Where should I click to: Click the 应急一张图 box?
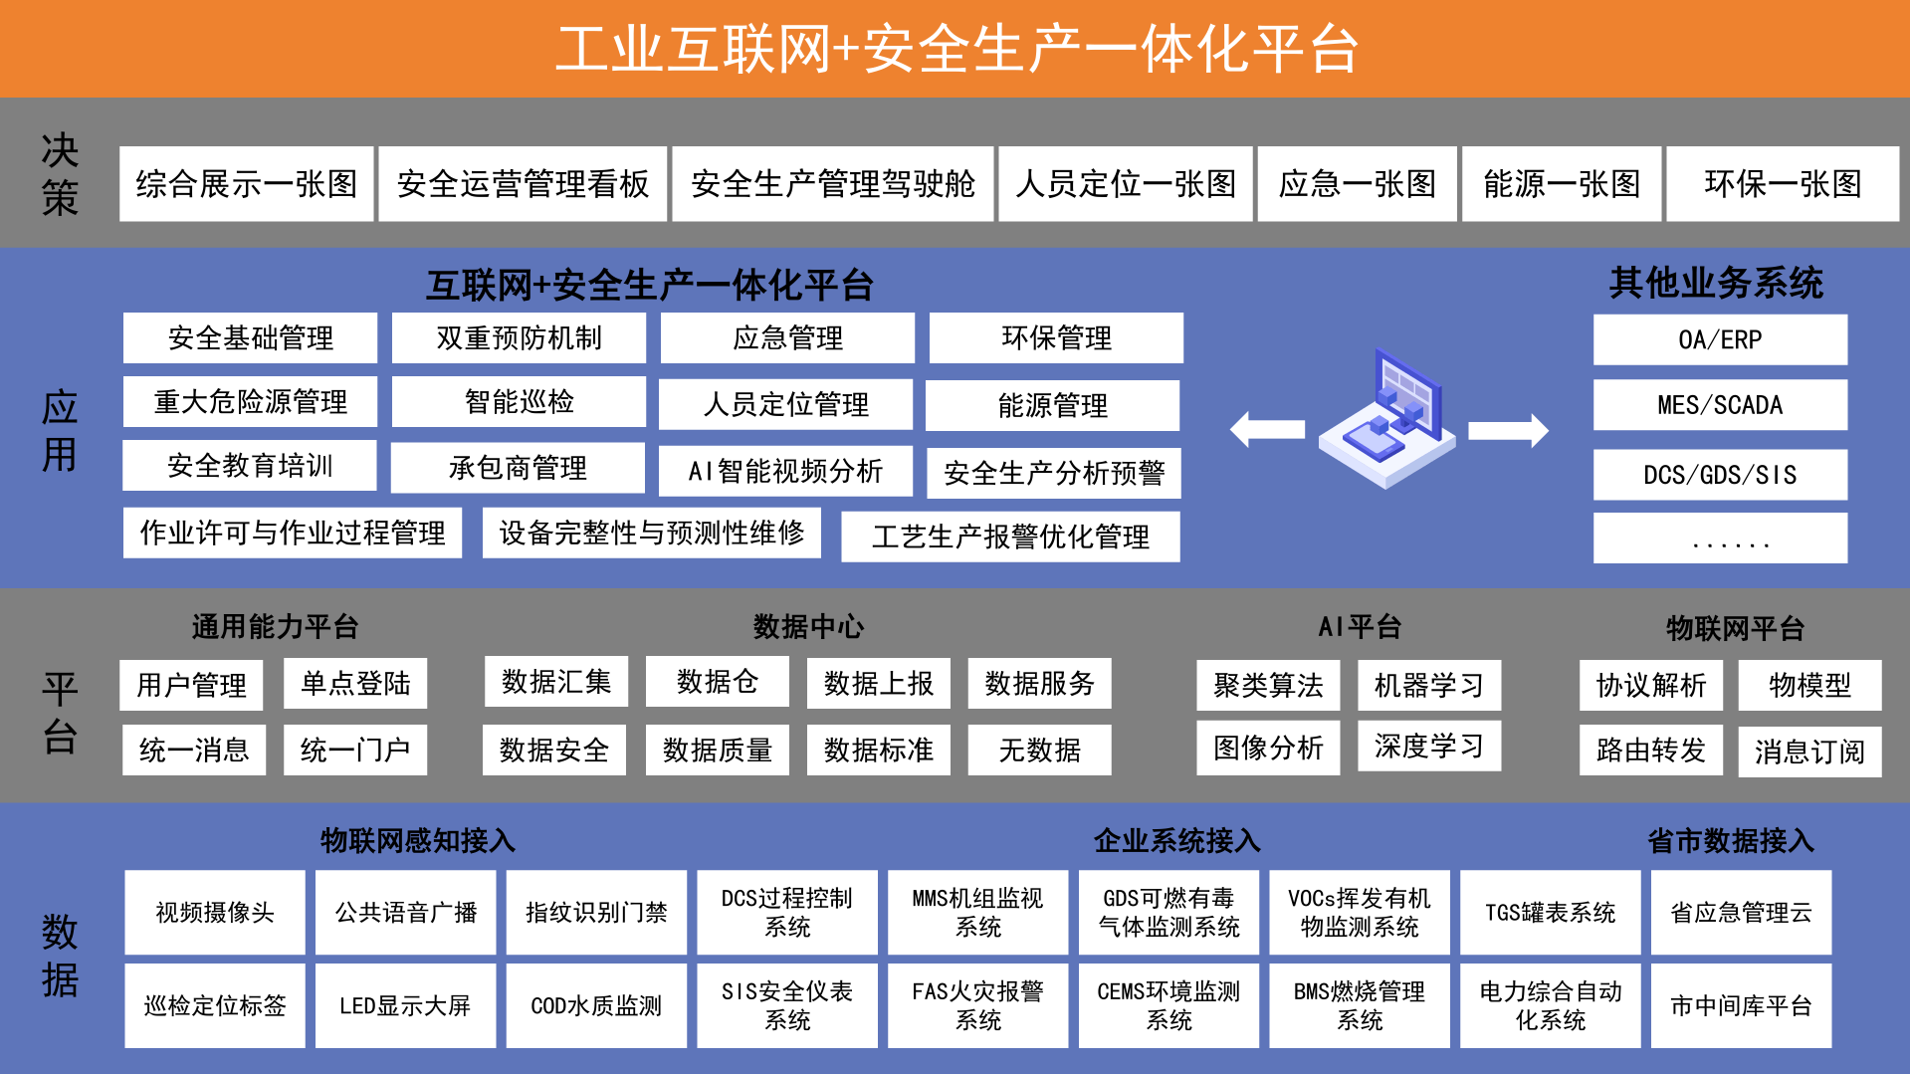[x=1357, y=184]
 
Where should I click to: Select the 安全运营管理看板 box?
[x=523, y=184]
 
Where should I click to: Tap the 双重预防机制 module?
[x=519, y=338]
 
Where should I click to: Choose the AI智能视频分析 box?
[x=785, y=471]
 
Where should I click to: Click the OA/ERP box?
[x=1720, y=340]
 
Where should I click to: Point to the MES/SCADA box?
[x=1720, y=405]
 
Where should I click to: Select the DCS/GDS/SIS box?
[x=1720, y=475]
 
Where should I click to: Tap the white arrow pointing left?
[x=1267, y=430]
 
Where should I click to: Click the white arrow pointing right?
[x=1509, y=430]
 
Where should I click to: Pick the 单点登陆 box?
[x=355, y=684]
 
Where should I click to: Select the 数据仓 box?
[x=717, y=682]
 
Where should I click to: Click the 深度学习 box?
[x=1429, y=746]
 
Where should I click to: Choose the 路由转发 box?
[x=1651, y=751]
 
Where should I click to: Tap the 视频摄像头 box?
[x=215, y=913]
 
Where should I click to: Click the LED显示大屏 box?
[x=405, y=1005]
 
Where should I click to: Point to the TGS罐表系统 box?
[x=1550, y=913]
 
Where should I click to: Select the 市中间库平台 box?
[x=1741, y=1005]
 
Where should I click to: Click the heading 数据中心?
[x=808, y=627]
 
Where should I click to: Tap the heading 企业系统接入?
[x=1176, y=841]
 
